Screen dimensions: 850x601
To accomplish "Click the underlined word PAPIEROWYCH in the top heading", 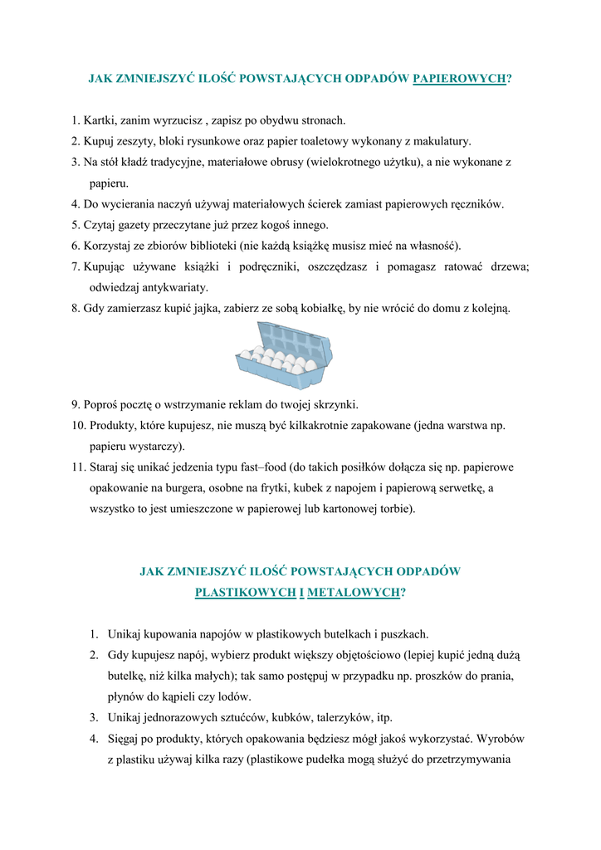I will (x=459, y=79).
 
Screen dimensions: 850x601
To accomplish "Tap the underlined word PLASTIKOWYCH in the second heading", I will (x=246, y=593).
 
